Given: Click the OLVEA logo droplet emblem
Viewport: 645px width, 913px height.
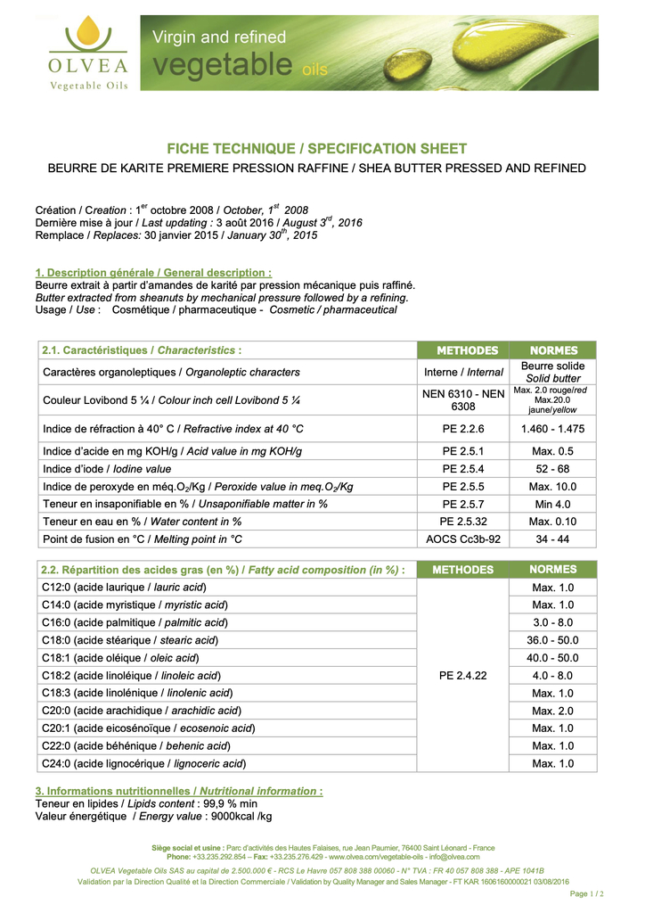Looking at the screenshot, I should point(88,35).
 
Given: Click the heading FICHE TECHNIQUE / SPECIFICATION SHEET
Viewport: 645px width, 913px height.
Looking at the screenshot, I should point(317,149).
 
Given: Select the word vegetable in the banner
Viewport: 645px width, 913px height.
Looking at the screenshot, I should point(223,64).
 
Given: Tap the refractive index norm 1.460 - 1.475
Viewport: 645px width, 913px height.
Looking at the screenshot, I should point(552,429).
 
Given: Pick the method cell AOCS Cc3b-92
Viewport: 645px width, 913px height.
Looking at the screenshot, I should point(462,539).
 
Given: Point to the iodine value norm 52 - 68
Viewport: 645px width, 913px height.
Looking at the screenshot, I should point(552,469).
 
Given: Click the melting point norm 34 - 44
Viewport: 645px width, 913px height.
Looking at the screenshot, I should point(552,539).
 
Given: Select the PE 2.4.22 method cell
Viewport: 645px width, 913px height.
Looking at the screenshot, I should point(462,675).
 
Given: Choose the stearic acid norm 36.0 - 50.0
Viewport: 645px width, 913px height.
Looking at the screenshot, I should point(552,640).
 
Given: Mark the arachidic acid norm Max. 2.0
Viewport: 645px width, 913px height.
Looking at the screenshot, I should point(552,711).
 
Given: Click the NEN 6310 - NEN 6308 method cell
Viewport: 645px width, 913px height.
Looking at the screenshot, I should point(462,399).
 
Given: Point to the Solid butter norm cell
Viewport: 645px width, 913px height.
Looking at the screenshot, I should point(552,372).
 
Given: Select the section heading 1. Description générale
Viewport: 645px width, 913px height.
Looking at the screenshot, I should point(153,273).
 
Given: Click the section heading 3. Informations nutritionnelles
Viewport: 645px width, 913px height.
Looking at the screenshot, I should point(178,791).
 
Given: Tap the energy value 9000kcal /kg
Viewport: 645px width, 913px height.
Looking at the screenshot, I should point(240,816).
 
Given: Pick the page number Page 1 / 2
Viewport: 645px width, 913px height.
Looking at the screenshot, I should point(586,893).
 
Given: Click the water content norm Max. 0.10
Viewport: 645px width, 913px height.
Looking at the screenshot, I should point(552,522).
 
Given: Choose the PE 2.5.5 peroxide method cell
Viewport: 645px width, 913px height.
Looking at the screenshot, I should point(462,487).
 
